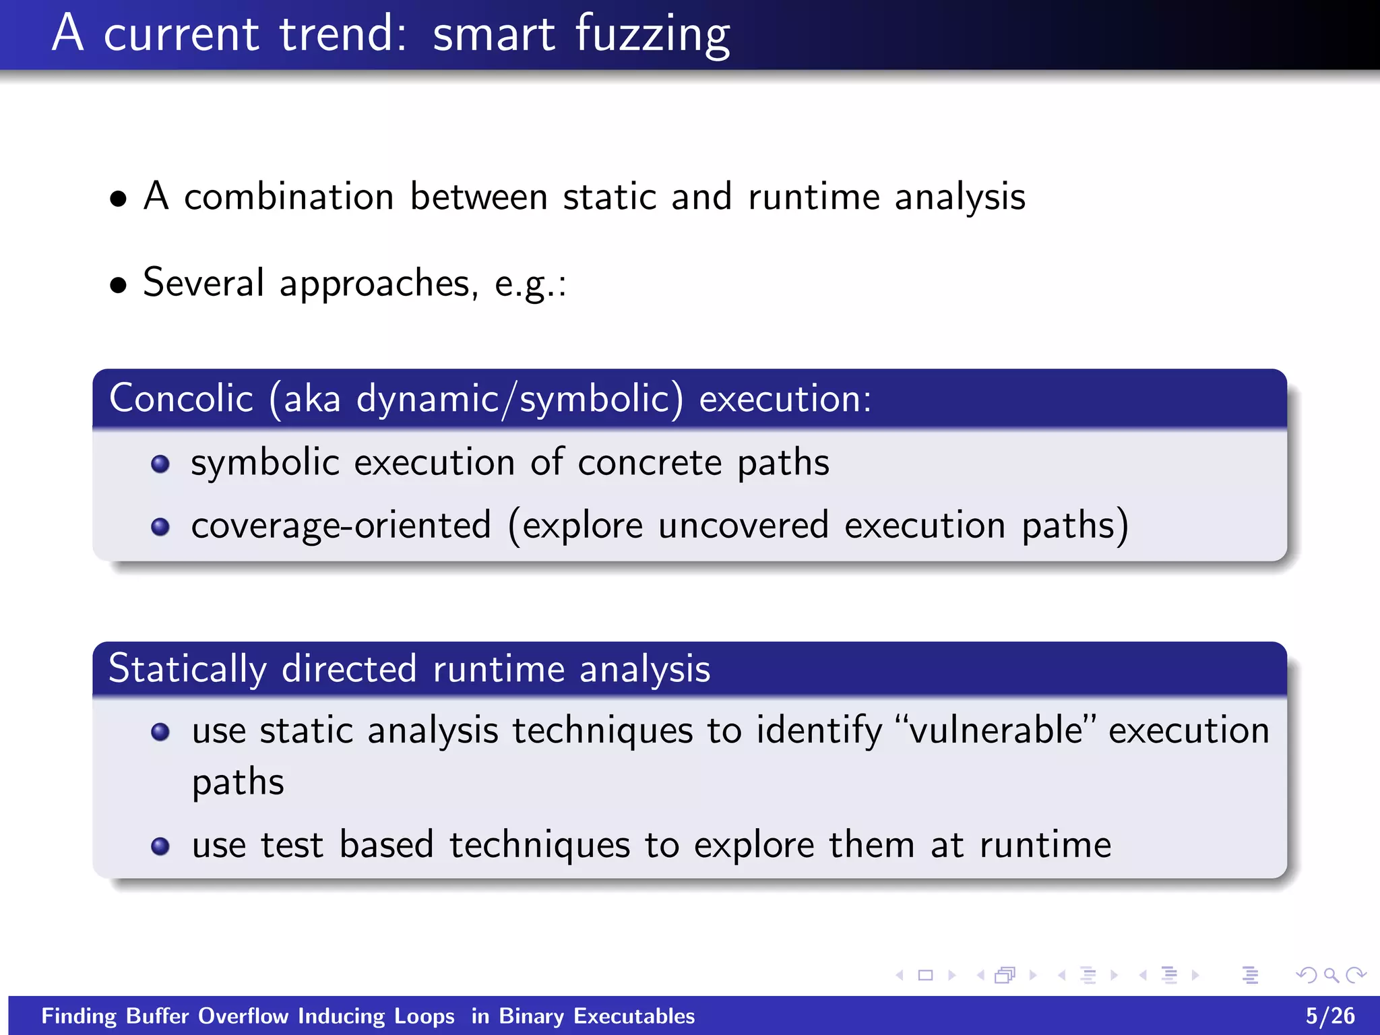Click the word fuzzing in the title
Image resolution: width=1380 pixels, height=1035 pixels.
[652, 35]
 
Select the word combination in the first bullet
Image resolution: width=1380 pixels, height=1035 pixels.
[288, 197]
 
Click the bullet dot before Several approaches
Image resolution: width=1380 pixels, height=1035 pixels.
[119, 285]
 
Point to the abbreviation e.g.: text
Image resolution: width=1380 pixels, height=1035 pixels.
[530, 284]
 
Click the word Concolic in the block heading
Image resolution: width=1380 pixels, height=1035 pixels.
[181, 398]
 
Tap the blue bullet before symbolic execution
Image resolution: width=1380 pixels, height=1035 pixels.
[160, 464]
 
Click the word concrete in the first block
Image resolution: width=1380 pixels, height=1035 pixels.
[649, 464]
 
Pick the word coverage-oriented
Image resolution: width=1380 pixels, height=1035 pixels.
[341, 526]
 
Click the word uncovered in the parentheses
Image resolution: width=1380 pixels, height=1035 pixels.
[743, 526]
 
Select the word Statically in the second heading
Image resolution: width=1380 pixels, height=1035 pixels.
[187, 669]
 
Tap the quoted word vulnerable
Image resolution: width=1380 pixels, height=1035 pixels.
[995, 730]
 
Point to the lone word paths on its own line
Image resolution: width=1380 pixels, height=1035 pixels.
[238, 783]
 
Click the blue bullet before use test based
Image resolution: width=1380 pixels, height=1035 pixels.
[160, 846]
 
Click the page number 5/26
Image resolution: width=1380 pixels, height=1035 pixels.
[1329, 1016]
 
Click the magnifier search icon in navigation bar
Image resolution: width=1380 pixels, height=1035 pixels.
[1330, 975]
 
